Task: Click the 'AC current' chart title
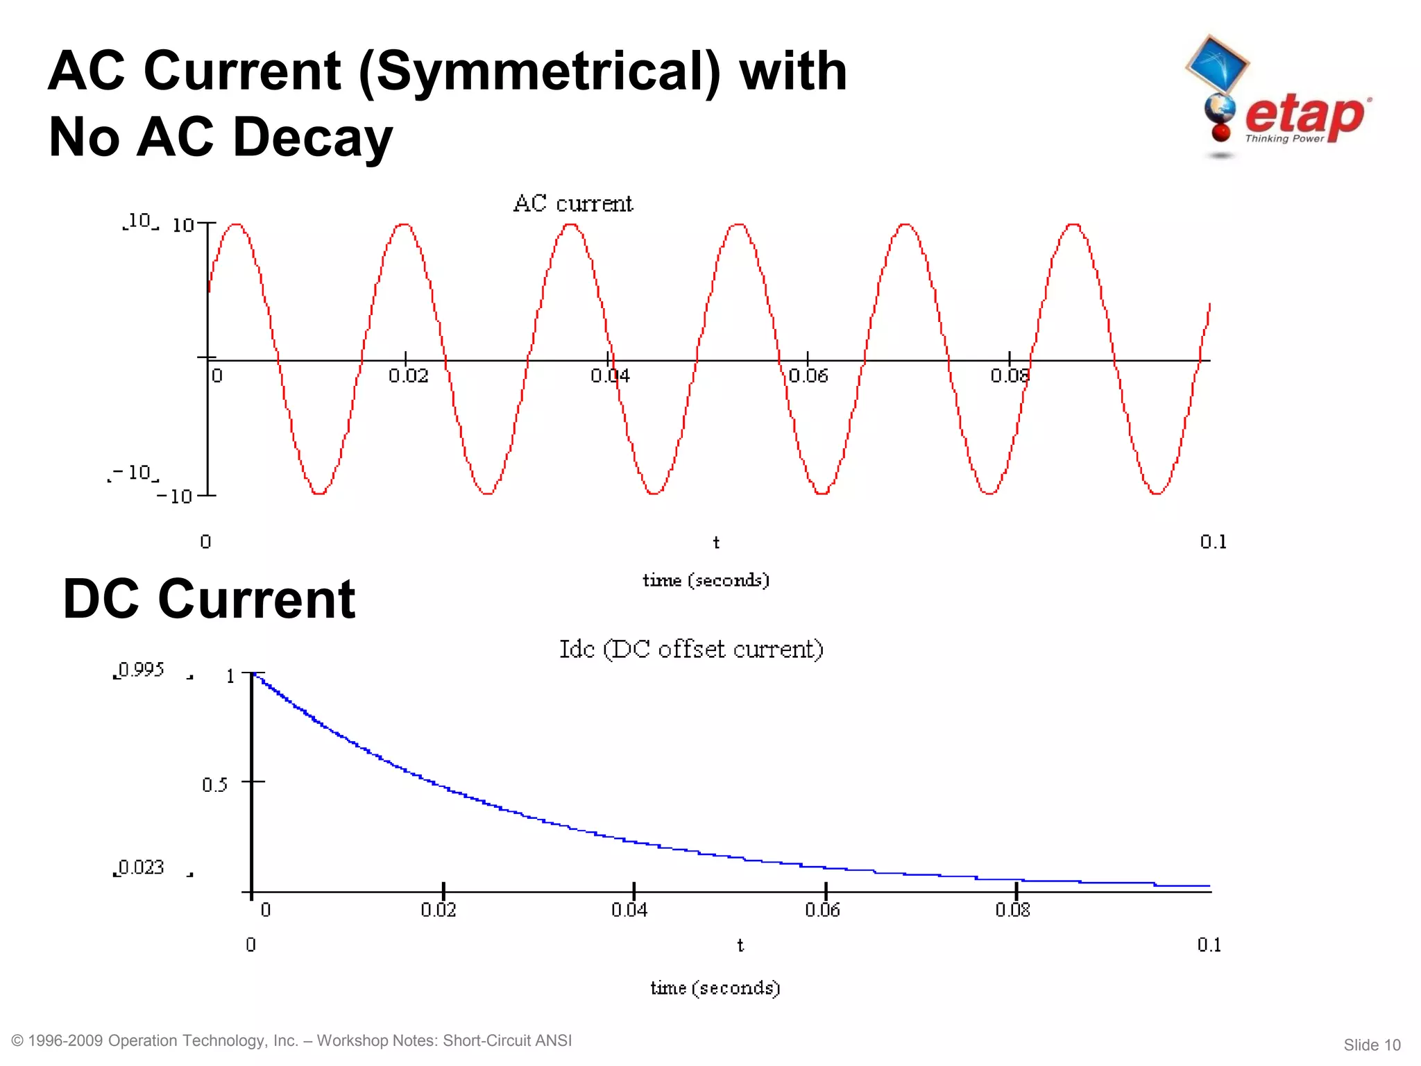pyautogui.click(x=572, y=203)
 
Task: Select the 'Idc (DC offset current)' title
pyautogui.click(x=691, y=649)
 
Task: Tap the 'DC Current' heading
pyautogui.click(x=209, y=598)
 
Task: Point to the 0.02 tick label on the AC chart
pyautogui.click(x=408, y=376)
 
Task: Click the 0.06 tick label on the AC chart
pyautogui.click(x=808, y=376)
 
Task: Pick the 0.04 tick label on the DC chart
pyautogui.click(x=629, y=909)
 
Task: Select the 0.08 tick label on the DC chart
pyautogui.click(x=1012, y=909)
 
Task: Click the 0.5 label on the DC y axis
pyautogui.click(x=214, y=784)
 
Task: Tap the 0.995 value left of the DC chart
pyautogui.click(x=142, y=670)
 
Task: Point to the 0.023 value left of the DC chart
pyautogui.click(x=142, y=868)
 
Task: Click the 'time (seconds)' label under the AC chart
pyautogui.click(x=706, y=580)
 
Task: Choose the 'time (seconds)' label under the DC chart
pyautogui.click(x=715, y=988)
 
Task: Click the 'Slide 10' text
pyautogui.click(x=1372, y=1045)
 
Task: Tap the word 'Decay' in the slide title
pyautogui.click(x=313, y=137)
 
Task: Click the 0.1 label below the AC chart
pyautogui.click(x=1213, y=541)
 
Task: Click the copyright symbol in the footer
pyautogui.click(x=18, y=1040)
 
